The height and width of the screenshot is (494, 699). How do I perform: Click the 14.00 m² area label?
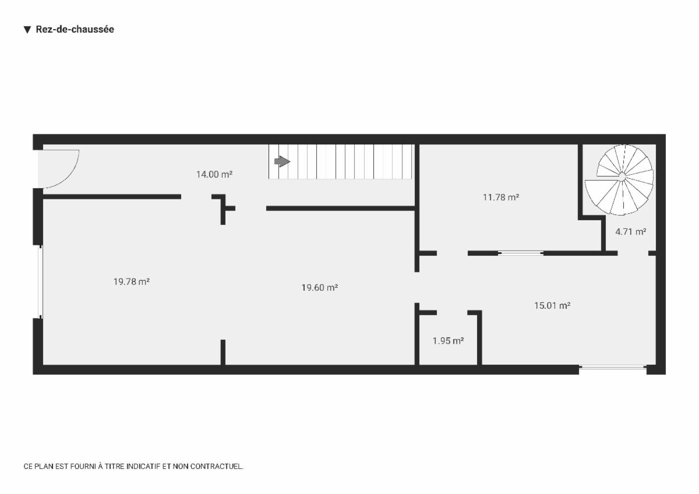(x=214, y=174)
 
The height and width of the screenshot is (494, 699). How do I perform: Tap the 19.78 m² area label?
(x=132, y=282)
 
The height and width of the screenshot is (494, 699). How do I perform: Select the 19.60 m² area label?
(x=320, y=287)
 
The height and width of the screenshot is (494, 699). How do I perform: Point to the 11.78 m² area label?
(x=501, y=197)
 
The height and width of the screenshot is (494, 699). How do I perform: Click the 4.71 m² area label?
(x=631, y=231)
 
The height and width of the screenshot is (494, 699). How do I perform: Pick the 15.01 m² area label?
(x=552, y=305)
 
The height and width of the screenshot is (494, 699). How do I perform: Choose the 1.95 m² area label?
(x=448, y=341)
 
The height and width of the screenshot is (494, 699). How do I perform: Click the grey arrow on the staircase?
(x=282, y=161)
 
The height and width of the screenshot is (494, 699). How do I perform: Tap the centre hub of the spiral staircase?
(x=622, y=177)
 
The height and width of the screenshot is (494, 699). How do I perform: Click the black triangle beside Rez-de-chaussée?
(x=27, y=30)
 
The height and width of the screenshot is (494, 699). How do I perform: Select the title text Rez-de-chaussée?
(x=75, y=29)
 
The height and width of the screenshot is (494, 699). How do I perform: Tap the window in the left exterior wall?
(x=40, y=282)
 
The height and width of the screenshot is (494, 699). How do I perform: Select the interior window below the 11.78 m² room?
(x=521, y=253)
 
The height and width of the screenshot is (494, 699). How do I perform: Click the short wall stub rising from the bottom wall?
(x=223, y=352)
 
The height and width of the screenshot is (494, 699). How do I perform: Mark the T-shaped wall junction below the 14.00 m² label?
(x=223, y=208)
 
